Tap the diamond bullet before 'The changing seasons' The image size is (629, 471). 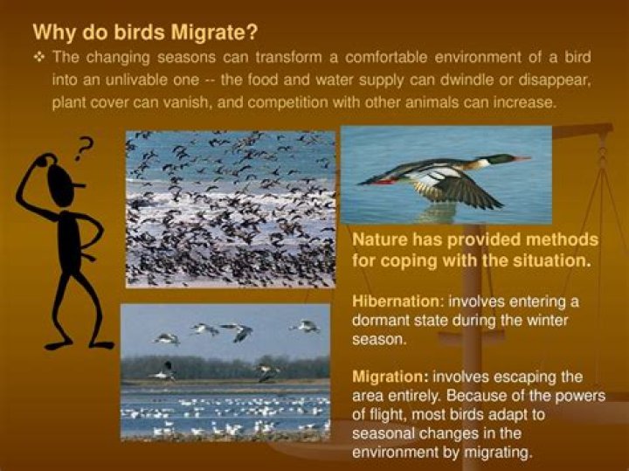coord(39,57)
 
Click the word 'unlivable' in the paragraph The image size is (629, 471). coord(115,80)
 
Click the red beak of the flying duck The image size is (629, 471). coord(522,159)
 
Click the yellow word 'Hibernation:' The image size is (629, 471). coord(391,302)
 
